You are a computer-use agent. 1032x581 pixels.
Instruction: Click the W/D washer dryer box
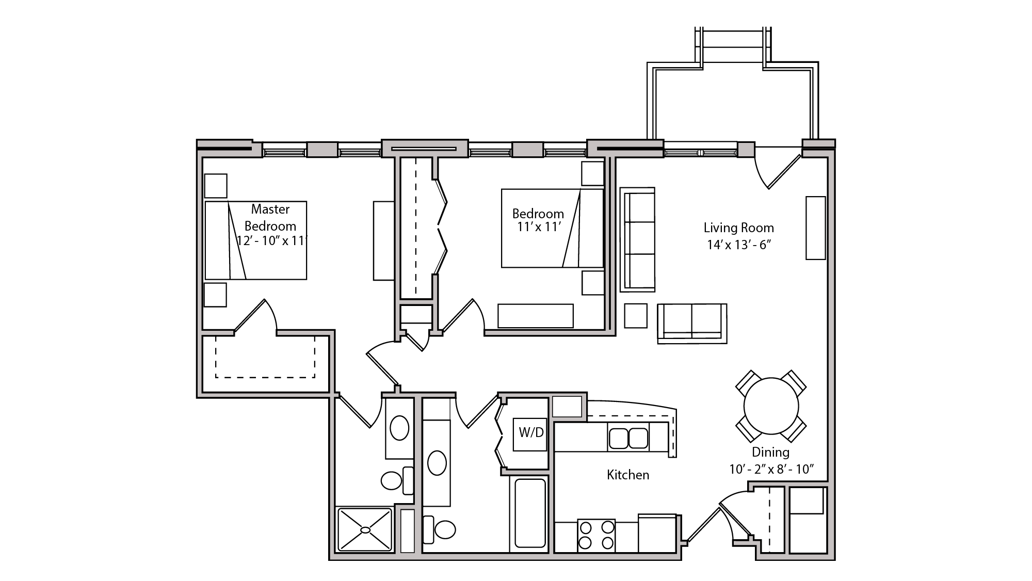pyautogui.click(x=530, y=433)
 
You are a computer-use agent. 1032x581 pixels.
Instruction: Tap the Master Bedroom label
pyautogui.click(x=270, y=217)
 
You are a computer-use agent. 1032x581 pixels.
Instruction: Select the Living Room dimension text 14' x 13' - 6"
pyautogui.click(x=738, y=245)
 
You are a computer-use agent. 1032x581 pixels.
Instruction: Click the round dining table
pyautogui.click(x=771, y=406)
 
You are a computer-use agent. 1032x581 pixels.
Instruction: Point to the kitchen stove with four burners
pyautogui.click(x=596, y=535)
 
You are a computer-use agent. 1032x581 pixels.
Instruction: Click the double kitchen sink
pyautogui.click(x=628, y=438)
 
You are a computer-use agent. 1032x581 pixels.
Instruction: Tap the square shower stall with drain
pyautogui.click(x=365, y=529)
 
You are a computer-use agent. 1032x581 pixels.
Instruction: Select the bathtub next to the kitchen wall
pyautogui.click(x=530, y=513)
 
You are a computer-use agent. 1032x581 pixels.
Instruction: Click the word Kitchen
pyautogui.click(x=627, y=475)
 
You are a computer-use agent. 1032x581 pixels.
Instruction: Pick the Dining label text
pyautogui.click(x=770, y=452)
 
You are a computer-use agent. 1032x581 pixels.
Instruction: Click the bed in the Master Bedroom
pyautogui.click(x=256, y=240)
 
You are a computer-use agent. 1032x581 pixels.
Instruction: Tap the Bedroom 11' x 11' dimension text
pyautogui.click(x=539, y=227)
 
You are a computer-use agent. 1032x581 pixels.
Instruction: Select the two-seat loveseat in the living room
pyautogui.click(x=692, y=322)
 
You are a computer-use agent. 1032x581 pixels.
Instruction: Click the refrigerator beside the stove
pyautogui.click(x=657, y=534)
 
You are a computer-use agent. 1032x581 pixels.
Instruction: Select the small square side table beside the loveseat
pyautogui.click(x=635, y=316)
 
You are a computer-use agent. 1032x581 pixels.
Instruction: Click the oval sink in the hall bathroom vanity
pyautogui.click(x=437, y=463)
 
